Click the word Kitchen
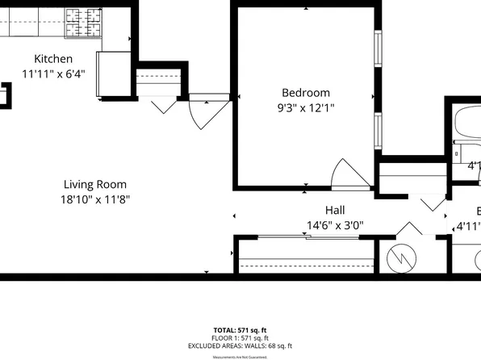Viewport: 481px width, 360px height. (52, 59)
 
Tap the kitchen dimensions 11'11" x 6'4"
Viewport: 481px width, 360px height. (52, 73)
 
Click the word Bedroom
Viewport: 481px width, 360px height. (306, 92)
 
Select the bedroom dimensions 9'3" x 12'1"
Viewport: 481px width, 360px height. (306, 107)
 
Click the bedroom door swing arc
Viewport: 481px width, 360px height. (349, 173)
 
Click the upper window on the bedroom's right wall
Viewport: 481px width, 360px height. (376, 60)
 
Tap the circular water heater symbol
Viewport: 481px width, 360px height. (400, 259)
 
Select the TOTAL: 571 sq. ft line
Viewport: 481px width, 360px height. (240, 330)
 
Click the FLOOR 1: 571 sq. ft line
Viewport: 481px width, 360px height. (240, 337)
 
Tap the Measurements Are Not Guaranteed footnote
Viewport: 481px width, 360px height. (240, 356)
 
